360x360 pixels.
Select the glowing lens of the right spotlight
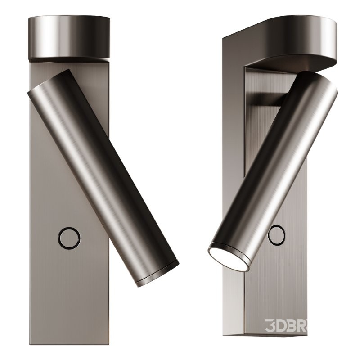(228, 259)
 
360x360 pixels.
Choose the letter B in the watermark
(298, 324)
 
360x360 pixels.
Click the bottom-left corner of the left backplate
(30, 343)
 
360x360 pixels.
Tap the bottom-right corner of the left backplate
(108, 343)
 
